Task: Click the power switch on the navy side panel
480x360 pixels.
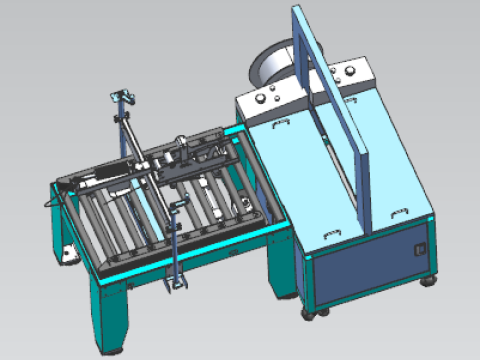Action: [421, 243]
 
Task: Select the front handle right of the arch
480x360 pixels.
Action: [400, 212]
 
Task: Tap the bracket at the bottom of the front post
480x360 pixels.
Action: [176, 285]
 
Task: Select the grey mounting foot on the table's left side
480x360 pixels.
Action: [67, 253]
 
